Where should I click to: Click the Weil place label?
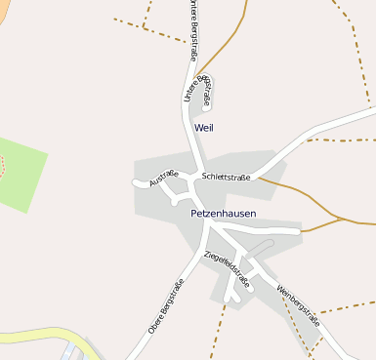click(x=203, y=128)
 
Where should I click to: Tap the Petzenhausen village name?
click(x=223, y=212)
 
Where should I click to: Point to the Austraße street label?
click(x=163, y=179)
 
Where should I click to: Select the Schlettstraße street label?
click(x=226, y=177)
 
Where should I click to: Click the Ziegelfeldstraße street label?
click(x=227, y=269)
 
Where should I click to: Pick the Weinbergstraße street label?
click(x=298, y=304)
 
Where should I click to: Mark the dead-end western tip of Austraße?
click(x=135, y=181)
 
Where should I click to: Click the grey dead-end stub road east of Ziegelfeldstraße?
click(x=256, y=247)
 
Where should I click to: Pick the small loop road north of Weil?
click(x=207, y=93)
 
